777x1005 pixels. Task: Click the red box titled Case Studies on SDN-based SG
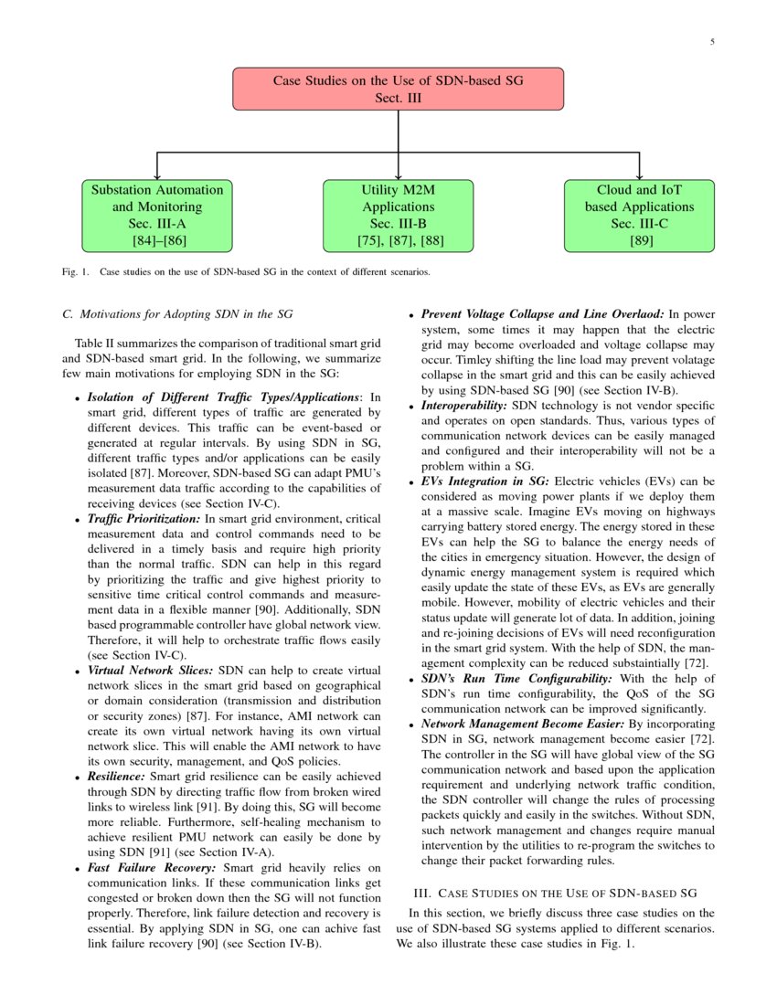pyautogui.click(x=398, y=89)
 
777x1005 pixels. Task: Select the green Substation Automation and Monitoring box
pyautogui.click(x=157, y=216)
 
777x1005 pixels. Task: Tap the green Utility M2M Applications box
pyautogui.click(x=398, y=216)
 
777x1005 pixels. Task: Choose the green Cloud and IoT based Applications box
pyautogui.click(x=639, y=216)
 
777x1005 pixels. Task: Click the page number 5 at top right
pyautogui.click(x=711, y=42)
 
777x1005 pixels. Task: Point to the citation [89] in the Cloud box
pyautogui.click(x=639, y=241)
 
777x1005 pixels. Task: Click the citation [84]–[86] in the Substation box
pyautogui.click(x=157, y=241)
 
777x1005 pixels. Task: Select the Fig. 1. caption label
pyautogui.click(x=76, y=271)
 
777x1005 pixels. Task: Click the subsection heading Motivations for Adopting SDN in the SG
pyautogui.click(x=177, y=314)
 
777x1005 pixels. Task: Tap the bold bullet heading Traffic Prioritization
pyautogui.click(x=144, y=519)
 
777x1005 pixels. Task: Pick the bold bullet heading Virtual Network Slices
pyautogui.click(x=151, y=671)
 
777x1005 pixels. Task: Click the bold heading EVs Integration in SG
pyautogui.click(x=484, y=481)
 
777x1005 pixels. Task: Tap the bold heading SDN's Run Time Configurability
pyautogui.click(x=518, y=679)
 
